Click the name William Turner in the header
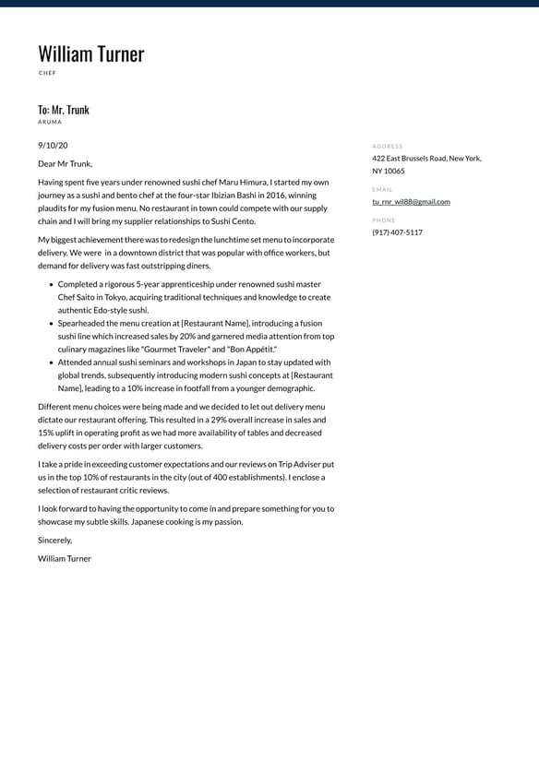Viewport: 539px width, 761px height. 90,54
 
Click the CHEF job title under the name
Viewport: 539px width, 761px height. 47,73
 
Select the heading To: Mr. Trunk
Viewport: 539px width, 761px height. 64,110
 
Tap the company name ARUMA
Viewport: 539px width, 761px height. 50,122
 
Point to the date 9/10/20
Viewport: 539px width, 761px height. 53,145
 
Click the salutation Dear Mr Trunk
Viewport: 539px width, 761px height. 65,163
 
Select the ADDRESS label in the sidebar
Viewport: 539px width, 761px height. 388,146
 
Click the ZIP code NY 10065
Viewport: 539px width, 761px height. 388,171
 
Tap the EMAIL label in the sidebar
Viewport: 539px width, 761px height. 382,189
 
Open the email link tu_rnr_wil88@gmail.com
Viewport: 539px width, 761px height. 411,201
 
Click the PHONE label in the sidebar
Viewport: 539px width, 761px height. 384,220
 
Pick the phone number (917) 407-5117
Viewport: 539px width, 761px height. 397,232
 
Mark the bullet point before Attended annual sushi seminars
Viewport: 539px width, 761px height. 51,363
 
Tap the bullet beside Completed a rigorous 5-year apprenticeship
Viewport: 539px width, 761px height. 51,284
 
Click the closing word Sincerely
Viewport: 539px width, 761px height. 54,540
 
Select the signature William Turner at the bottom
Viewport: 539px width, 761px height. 65,558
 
